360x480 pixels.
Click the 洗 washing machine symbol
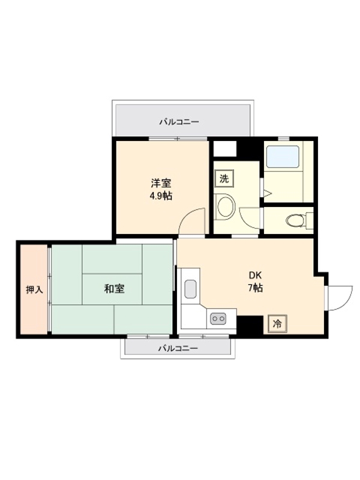pyautogui.click(x=224, y=178)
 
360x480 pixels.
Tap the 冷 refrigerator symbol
pyautogui.click(x=277, y=323)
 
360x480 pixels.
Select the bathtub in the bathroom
pyautogui.click(x=283, y=157)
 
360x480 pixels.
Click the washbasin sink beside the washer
pyautogui.click(x=225, y=207)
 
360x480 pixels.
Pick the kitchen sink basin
pyautogui.click(x=190, y=289)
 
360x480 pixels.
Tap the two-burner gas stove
pyautogui.click(x=218, y=319)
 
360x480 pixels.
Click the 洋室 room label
pyautogui.click(x=161, y=183)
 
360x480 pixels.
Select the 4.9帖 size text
pyautogui.click(x=161, y=196)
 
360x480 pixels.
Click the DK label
pyautogui.click(x=255, y=275)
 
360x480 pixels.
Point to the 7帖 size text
pyautogui.click(x=255, y=288)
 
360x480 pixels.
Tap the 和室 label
pyautogui.click(x=115, y=289)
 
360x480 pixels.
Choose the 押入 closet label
pyautogui.click(x=34, y=290)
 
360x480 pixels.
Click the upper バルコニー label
pyautogui.click(x=179, y=122)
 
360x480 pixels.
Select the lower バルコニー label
pyautogui.click(x=178, y=349)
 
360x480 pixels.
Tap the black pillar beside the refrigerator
pyautogui.click(x=250, y=325)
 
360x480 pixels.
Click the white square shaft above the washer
pyautogui.click(x=225, y=149)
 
